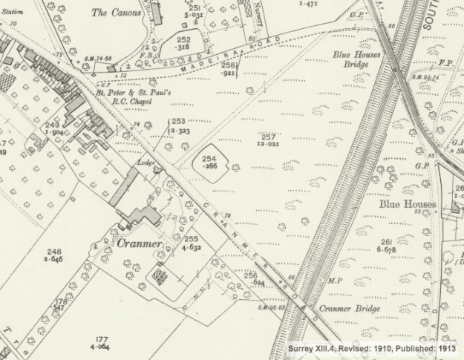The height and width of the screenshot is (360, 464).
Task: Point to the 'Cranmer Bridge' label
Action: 350,309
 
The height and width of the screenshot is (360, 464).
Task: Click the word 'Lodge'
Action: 144,161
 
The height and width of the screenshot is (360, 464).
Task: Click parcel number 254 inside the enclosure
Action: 210,159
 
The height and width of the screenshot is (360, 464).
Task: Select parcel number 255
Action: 192,240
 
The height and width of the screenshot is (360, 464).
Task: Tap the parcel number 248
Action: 53,252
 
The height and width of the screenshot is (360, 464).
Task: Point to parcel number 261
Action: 386,242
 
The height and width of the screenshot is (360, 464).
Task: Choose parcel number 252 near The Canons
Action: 183,39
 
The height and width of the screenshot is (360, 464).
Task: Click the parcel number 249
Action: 51,125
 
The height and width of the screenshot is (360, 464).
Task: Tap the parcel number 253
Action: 179,121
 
